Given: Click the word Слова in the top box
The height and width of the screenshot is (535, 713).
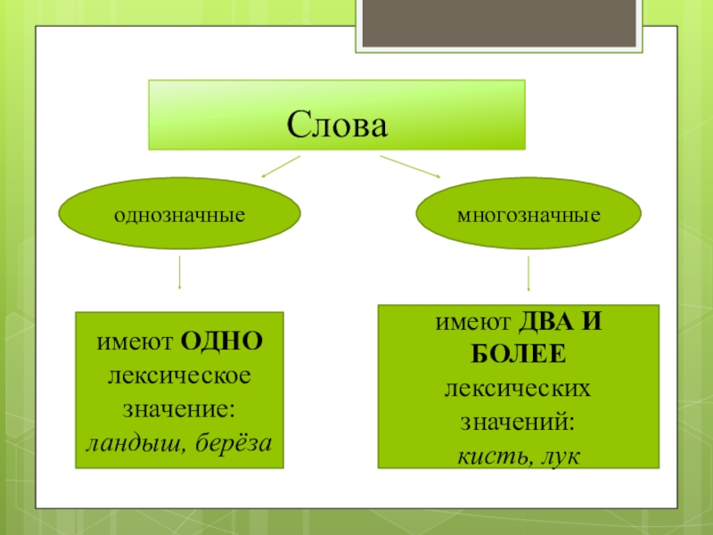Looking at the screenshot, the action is click(338, 124).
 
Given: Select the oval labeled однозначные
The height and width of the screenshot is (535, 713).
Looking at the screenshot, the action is click(179, 216).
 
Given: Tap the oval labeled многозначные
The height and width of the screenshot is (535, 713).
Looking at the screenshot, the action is click(529, 216).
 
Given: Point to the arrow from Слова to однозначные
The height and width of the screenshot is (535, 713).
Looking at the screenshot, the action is click(279, 167).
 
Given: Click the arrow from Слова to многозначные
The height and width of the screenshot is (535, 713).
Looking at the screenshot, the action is click(411, 167).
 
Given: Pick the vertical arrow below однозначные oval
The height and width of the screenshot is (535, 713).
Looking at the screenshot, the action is click(180, 272).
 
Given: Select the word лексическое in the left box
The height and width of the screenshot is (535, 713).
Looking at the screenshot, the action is click(179, 374).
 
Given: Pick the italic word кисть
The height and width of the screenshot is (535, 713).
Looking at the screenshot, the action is click(488, 456).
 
